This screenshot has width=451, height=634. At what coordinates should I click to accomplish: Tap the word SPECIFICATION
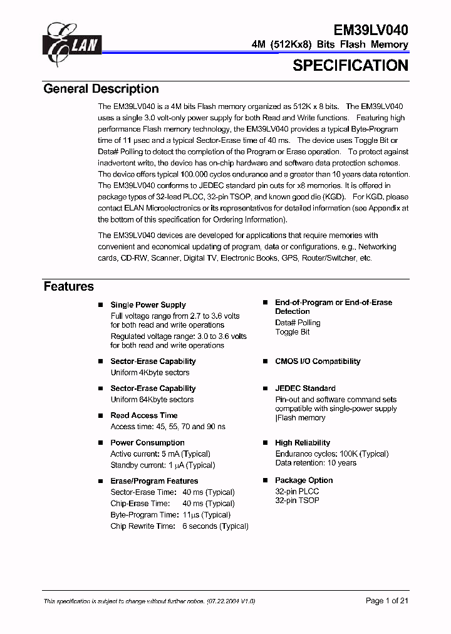350,65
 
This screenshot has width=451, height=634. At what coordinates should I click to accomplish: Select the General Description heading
101,89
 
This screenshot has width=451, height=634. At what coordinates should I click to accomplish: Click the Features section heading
68,286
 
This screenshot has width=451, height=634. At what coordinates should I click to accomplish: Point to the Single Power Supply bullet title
148,305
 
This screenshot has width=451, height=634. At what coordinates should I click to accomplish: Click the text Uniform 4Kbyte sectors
150,373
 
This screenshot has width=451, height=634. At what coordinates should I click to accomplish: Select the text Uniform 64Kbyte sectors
152,400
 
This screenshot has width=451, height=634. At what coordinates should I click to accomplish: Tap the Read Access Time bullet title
144,415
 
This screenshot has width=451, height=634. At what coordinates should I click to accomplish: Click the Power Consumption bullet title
147,443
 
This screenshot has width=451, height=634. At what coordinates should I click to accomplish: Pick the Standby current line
162,465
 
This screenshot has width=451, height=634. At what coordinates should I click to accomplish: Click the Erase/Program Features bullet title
154,481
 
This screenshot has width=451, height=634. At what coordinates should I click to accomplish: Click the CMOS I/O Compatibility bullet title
318,361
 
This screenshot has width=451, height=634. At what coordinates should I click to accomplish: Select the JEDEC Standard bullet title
305,388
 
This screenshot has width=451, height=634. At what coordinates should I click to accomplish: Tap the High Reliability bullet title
303,443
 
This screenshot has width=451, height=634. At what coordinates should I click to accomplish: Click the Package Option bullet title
304,481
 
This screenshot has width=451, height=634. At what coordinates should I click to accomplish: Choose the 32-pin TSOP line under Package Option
297,501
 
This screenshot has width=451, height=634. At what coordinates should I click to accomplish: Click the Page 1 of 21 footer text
386,601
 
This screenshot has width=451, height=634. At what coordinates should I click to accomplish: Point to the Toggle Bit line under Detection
293,332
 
